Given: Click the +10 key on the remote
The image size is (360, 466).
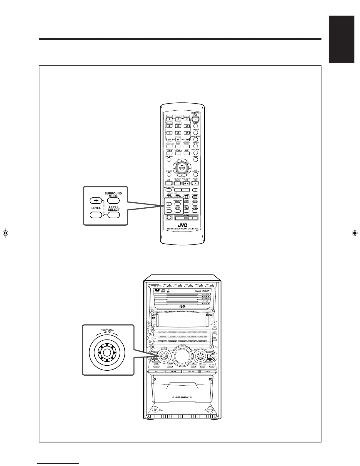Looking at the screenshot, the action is coord(186,139).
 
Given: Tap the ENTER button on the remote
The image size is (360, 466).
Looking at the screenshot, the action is coord(182,168).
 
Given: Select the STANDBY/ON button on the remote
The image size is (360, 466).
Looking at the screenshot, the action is coord(196,119).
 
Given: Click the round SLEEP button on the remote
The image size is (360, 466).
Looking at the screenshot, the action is coord(196,126).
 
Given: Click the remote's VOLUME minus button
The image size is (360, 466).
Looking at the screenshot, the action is coord(179,218).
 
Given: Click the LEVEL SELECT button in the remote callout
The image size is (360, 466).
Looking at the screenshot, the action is coord(114,214).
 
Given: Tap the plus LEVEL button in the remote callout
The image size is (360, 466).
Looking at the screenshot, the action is coord(96,201).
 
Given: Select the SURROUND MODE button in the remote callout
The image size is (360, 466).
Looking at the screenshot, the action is coord(114,201).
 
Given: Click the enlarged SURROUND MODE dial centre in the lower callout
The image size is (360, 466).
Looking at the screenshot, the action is coord(107,352).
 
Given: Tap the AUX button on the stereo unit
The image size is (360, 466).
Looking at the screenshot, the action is coord(156,371).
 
